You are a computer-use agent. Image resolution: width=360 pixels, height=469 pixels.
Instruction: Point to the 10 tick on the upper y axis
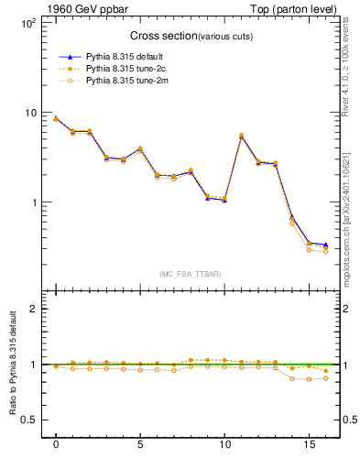pos(29,113)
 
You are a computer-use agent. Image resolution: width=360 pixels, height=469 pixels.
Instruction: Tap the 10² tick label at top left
pos(27,23)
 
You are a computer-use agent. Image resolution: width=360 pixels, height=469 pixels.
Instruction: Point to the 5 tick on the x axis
pos(139,444)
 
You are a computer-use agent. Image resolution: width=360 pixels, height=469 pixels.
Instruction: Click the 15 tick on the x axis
pos(308,444)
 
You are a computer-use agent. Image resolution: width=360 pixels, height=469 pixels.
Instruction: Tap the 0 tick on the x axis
pos(56,444)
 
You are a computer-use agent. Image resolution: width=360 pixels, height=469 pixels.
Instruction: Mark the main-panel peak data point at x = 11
pos(241,136)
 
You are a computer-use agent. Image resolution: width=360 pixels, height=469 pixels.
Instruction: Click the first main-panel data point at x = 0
pos(56,118)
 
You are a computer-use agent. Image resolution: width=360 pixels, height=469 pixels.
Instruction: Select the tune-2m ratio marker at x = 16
pos(325,377)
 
